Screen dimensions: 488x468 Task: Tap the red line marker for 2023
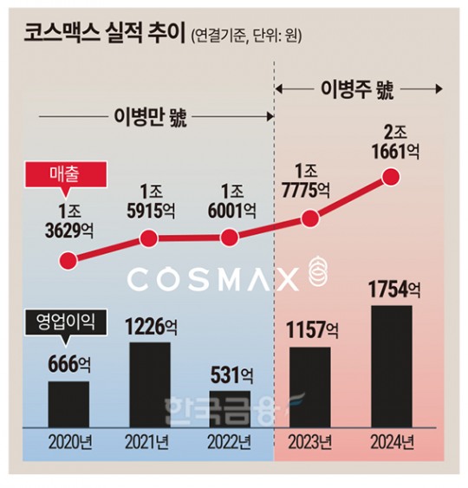click(310, 220)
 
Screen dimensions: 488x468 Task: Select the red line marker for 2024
click(391, 179)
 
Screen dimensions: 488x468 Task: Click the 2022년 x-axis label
click(230, 442)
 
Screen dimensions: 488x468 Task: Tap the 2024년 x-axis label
click(391, 442)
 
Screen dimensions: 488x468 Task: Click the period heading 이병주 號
click(361, 88)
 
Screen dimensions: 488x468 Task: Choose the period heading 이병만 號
click(153, 115)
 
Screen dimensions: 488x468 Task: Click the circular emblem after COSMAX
click(320, 277)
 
